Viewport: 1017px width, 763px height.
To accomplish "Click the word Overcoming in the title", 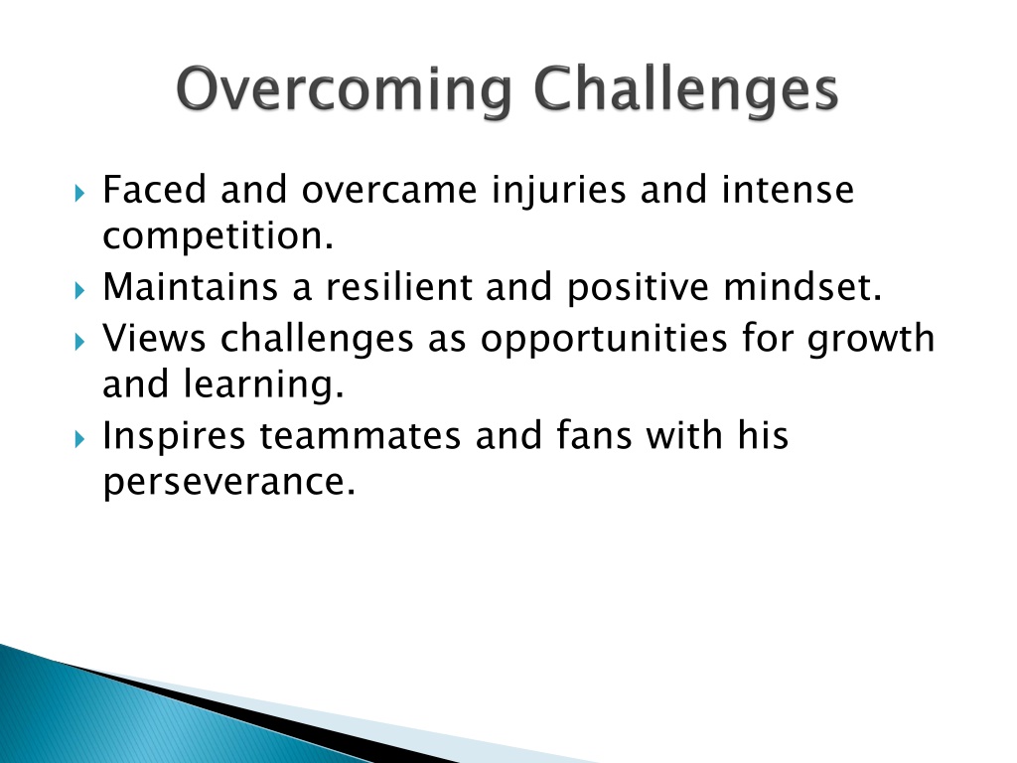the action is tap(343, 90).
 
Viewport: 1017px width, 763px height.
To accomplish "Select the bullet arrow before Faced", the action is tap(79, 193).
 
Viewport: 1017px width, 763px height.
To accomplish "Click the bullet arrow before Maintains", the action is tap(79, 290).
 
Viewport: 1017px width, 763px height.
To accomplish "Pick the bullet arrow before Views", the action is tap(79, 342).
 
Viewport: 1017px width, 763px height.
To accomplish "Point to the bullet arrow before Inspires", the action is tap(79, 439).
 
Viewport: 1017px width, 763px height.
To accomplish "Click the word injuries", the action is tap(559, 192).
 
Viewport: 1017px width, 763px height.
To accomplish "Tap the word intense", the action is tap(788, 190).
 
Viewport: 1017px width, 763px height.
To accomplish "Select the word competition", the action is tap(218, 237).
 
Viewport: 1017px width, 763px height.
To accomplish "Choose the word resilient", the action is tap(399, 287).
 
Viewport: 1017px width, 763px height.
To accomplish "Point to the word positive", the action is tap(638, 289).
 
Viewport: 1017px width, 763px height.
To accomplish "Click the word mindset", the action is tap(802, 287).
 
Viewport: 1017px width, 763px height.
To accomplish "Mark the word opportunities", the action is tap(604, 341).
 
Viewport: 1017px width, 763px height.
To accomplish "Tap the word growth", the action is tap(870, 341).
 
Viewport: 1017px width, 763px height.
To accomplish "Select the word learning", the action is tap(262, 386).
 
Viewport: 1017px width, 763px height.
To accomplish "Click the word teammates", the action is tap(360, 437).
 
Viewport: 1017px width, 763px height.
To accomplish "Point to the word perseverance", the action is tap(229, 484).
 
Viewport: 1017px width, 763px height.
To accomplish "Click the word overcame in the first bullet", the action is tap(389, 190).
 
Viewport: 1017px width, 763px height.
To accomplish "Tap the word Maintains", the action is tap(191, 287).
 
